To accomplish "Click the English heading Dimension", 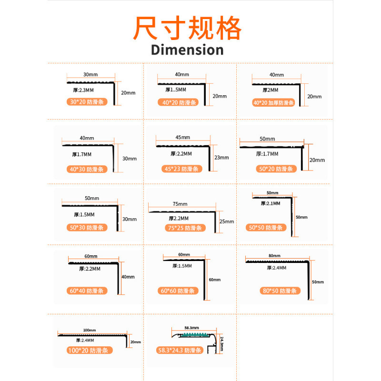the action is point(187,50).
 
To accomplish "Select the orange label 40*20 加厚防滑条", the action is point(274,102).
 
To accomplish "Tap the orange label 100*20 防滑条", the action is point(88,351).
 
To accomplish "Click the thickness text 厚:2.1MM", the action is point(271,203).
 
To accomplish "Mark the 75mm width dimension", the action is point(180,203).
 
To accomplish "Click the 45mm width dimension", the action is point(182,137).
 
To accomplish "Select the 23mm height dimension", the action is point(222,158).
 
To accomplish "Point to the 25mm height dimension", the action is point(227,221).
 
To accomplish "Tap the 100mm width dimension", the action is point(90,330).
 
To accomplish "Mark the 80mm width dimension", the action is point(274,256).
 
